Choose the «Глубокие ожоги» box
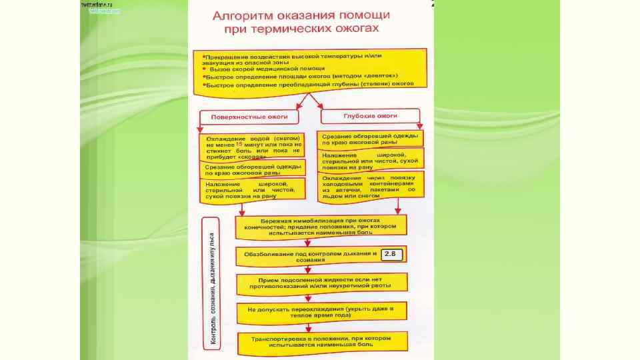[370, 116]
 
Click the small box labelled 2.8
[390, 254]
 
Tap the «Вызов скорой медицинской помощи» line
[267, 69]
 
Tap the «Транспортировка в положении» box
[320, 341]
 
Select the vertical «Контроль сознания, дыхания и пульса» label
[213, 289]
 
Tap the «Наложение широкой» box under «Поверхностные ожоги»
[252, 189]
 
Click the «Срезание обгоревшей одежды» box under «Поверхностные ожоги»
[252, 168]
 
